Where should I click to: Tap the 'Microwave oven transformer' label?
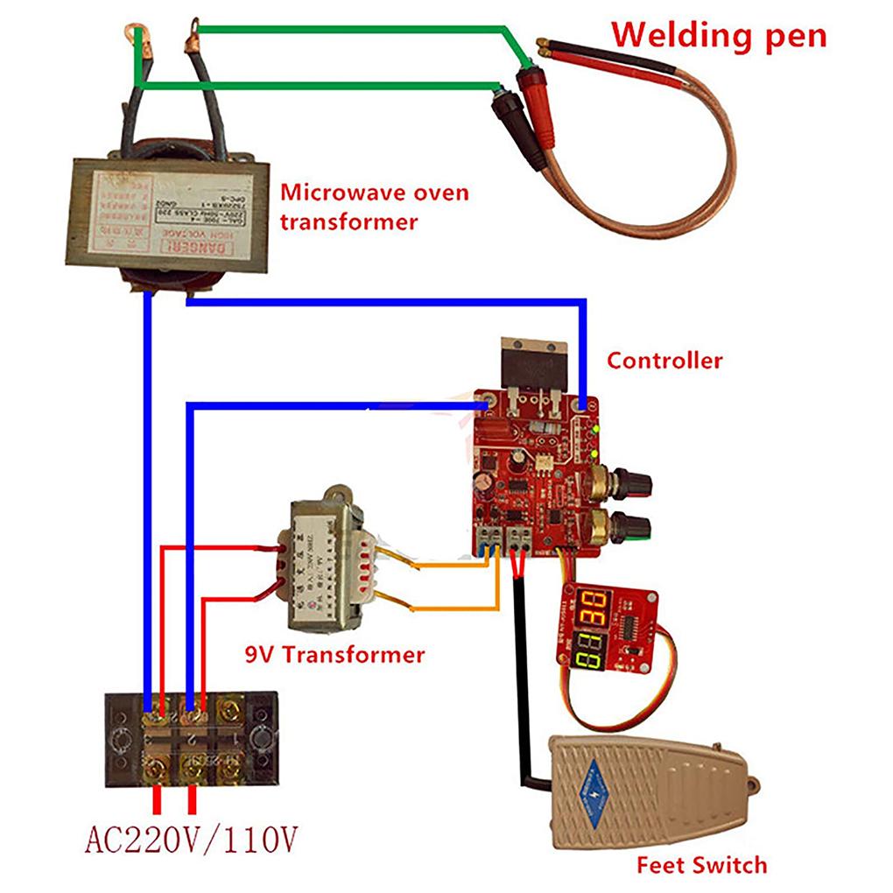tap(374, 207)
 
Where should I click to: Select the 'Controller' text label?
tap(664, 360)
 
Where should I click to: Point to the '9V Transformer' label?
tap(334, 654)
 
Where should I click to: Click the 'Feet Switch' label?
tap(701, 866)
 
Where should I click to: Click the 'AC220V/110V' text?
tap(191, 841)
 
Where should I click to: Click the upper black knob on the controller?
tap(629, 481)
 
